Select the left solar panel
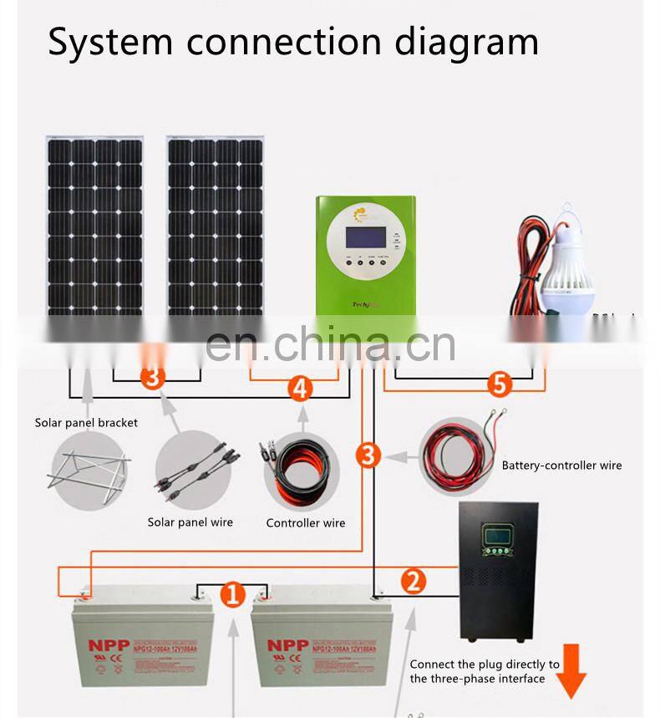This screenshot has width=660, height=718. pyautogui.click(x=94, y=226)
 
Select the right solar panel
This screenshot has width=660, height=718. pyautogui.click(x=216, y=226)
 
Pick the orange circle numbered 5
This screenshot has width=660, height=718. pyautogui.click(x=499, y=384)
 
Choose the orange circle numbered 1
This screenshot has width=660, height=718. pyautogui.click(x=232, y=595)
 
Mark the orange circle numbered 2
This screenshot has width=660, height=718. pyautogui.click(x=413, y=581)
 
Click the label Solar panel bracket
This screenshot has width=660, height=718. pyautogui.click(x=86, y=423)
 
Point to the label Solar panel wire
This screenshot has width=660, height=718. pyautogui.click(x=190, y=522)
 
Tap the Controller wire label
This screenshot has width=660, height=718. pyautogui.click(x=305, y=523)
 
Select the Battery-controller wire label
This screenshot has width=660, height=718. pyautogui.click(x=561, y=466)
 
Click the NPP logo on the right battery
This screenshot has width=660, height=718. pyautogui.click(x=287, y=645)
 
